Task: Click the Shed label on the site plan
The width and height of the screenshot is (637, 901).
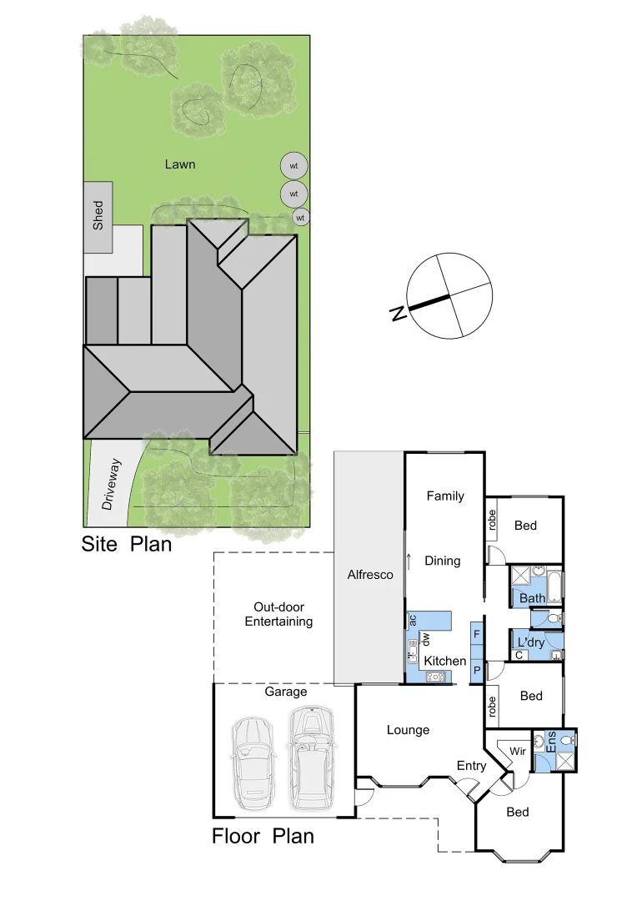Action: click(98, 215)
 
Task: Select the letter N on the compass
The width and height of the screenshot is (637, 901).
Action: click(399, 314)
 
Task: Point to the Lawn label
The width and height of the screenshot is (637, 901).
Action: click(179, 164)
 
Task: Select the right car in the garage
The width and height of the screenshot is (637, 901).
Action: click(310, 758)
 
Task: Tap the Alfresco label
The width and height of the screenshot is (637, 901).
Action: click(369, 575)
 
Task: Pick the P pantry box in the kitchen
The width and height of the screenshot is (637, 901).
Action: click(477, 670)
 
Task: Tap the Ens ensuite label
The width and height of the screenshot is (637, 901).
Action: click(550, 742)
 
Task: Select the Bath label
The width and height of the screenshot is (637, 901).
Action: click(532, 598)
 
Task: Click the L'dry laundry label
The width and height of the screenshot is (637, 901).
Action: click(531, 643)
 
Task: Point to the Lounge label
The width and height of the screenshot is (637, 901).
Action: click(408, 730)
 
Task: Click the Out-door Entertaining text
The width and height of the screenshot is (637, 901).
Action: click(273, 615)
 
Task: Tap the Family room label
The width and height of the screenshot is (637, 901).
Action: click(445, 496)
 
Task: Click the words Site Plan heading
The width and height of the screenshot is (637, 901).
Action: click(126, 545)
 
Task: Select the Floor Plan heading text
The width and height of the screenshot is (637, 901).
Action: click(263, 836)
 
